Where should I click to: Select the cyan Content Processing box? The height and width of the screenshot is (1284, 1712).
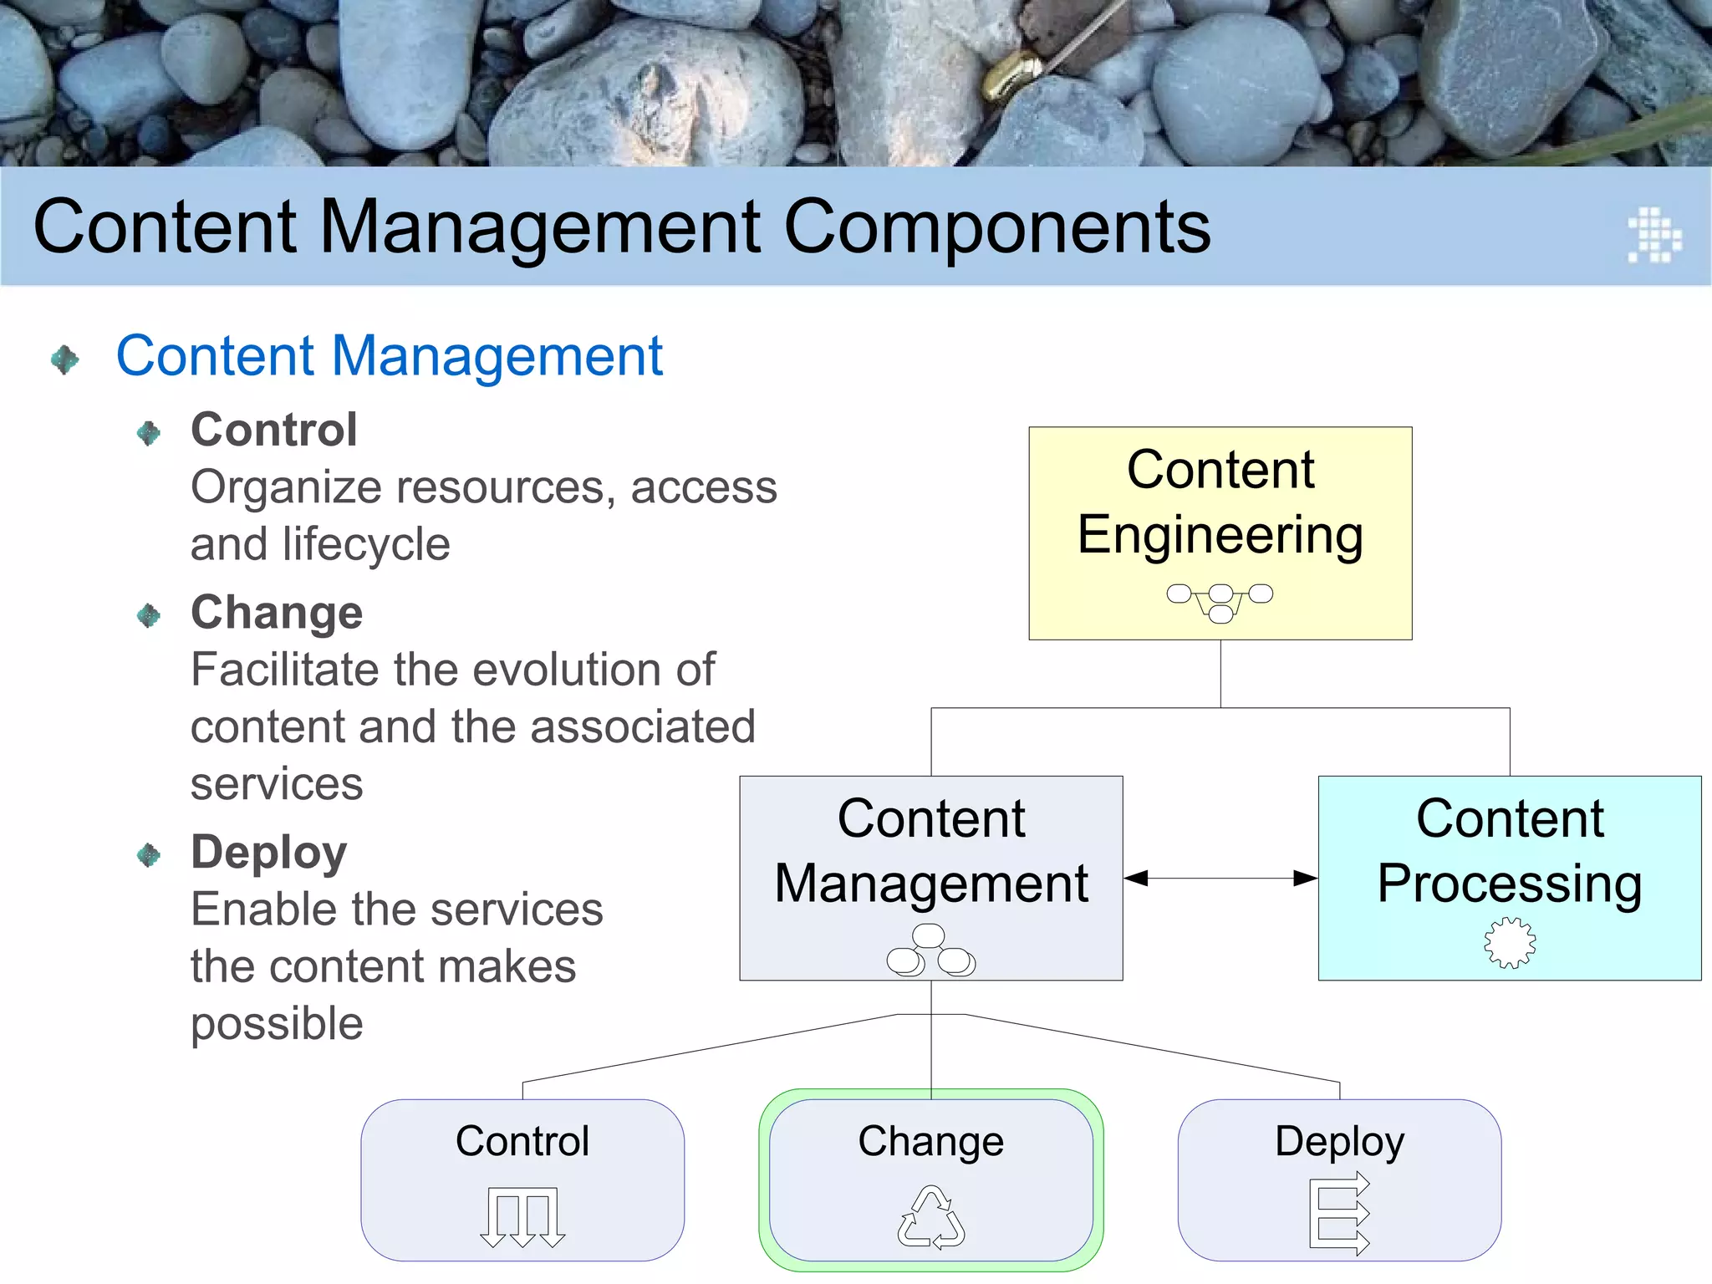pyautogui.click(x=1509, y=877)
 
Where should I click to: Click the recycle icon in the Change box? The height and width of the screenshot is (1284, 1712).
pyautogui.click(x=930, y=1218)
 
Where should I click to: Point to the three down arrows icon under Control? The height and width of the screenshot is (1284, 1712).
pyautogui.click(x=522, y=1217)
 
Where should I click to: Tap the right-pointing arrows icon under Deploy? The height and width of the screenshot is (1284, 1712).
pyautogui.click(x=1339, y=1214)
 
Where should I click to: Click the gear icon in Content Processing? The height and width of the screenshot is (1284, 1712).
pyautogui.click(x=1510, y=943)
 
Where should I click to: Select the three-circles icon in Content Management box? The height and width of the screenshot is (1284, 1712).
pyautogui.click(x=930, y=950)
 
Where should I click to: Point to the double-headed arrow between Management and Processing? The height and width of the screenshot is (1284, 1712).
pyautogui.click(x=1220, y=878)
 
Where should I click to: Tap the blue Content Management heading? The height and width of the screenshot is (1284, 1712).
pyautogui.click(x=389, y=356)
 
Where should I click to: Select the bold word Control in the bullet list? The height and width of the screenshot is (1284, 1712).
pyautogui.click(x=274, y=430)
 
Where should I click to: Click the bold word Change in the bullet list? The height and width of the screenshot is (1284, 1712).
pyautogui.click(x=277, y=613)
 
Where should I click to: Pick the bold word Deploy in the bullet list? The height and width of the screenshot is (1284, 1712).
pyautogui.click(x=268, y=853)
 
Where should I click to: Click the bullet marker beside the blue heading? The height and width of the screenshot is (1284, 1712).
pyautogui.click(x=65, y=359)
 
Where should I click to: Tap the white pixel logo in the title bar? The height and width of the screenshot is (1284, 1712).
pyautogui.click(x=1653, y=235)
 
